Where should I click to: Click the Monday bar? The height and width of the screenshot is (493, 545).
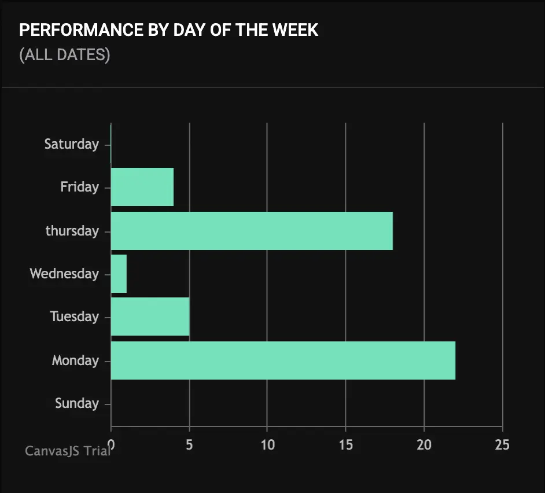pyautogui.click(x=283, y=360)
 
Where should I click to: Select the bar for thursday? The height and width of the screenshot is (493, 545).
pyautogui.click(x=252, y=231)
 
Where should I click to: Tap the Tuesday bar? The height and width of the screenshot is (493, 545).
pyautogui.click(x=150, y=317)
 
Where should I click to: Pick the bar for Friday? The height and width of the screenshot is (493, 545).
pyautogui.click(x=142, y=187)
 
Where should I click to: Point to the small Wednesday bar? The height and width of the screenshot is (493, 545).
pyautogui.click(x=119, y=274)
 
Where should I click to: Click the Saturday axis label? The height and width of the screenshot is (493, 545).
pyautogui.click(x=72, y=144)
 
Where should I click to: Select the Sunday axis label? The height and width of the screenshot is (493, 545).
pyautogui.click(x=77, y=403)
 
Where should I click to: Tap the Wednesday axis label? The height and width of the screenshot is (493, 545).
pyautogui.click(x=64, y=274)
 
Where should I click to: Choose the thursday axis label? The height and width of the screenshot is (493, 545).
pyautogui.click(x=72, y=231)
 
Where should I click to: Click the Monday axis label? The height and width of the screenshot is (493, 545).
pyautogui.click(x=75, y=360)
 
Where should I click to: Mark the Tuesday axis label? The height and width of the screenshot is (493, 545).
pyautogui.click(x=74, y=317)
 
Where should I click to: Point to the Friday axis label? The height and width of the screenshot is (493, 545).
pyautogui.click(x=79, y=187)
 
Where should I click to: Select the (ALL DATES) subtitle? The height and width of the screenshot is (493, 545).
pyautogui.click(x=64, y=55)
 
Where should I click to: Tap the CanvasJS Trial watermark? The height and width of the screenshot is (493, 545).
pyautogui.click(x=68, y=451)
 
